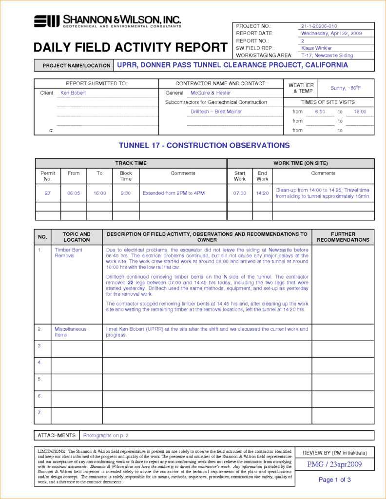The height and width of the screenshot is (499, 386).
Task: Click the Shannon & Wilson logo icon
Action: click(x=46, y=21)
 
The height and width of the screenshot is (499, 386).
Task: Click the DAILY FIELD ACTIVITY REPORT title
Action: click(x=130, y=47)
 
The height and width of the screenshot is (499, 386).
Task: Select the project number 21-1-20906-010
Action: click(x=319, y=26)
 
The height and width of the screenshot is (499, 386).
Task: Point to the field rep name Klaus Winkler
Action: click(x=316, y=48)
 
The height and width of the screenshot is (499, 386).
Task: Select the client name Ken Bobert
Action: click(x=73, y=93)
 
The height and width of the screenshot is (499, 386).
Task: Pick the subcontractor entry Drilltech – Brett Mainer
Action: click(x=216, y=112)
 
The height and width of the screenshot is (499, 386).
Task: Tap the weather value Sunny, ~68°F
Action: click(x=346, y=88)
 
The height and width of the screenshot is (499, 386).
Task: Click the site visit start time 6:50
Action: click(x=320, y=112)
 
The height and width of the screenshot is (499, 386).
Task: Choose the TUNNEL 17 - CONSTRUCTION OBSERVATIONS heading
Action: click(x=204, y=145)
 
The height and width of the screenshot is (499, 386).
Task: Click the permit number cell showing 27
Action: click(x=48, y=193)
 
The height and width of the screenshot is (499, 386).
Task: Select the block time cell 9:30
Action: click(x=125, y=193)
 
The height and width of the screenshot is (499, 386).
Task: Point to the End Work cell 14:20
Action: click(x=262, y=193)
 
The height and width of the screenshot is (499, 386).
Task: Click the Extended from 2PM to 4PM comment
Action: click(x=174, y=193)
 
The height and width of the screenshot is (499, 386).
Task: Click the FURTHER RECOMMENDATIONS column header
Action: click(x=343, y=237)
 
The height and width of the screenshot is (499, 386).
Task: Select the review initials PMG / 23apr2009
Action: click(x=334, y=464)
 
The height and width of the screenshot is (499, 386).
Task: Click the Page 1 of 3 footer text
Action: click(x=334, y=480)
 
